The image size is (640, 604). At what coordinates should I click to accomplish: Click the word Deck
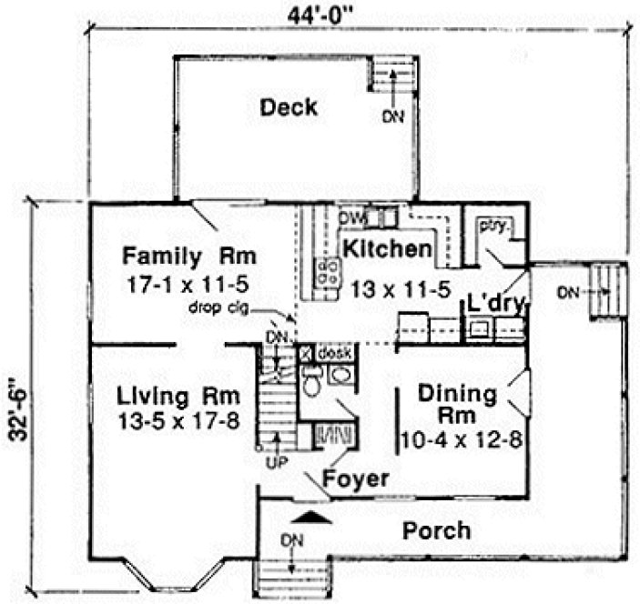[x=289, y=107]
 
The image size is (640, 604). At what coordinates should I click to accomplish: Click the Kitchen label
[x=386, y=247]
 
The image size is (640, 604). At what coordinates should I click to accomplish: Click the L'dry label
[x=496, y=305]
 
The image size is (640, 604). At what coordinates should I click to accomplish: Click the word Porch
[x=438, y=530]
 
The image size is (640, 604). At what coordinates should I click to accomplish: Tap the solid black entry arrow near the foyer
[x=313, y=518]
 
